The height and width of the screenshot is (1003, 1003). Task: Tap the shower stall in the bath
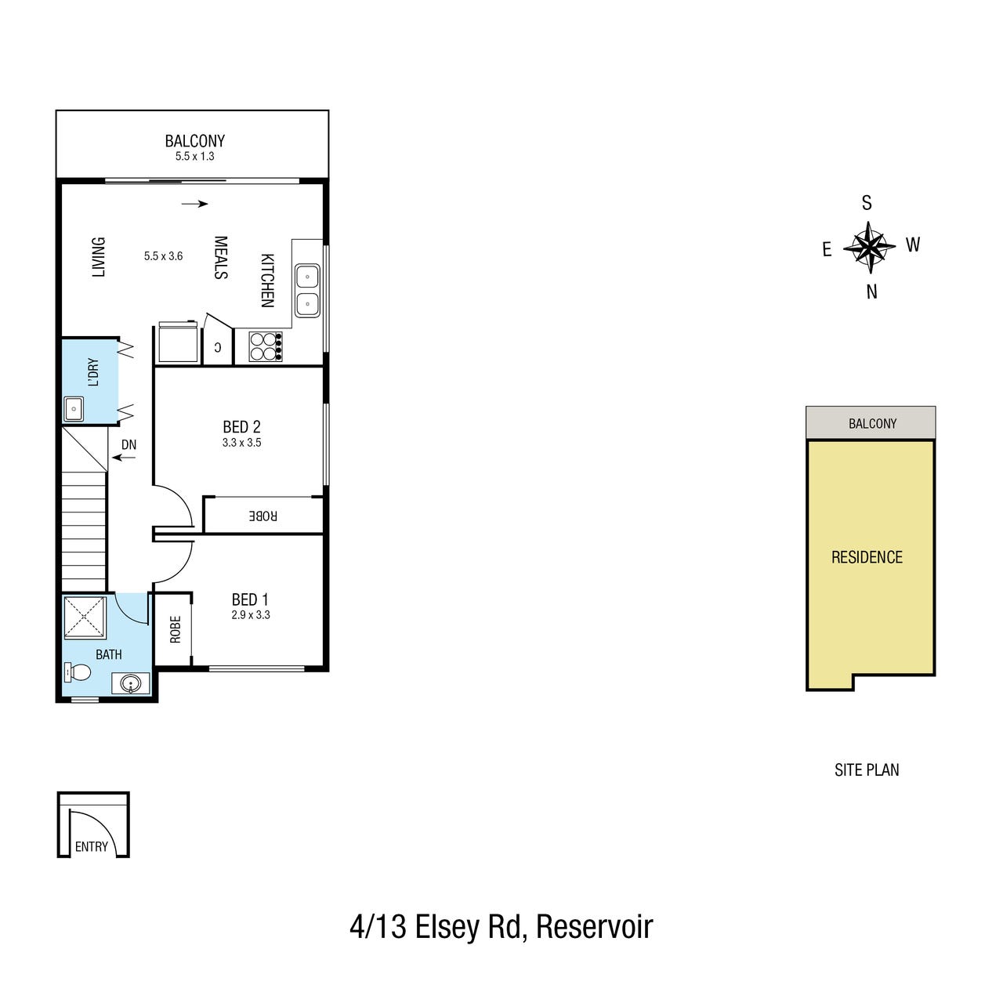[85, 617]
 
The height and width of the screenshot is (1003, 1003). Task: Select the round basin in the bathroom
[131, 683]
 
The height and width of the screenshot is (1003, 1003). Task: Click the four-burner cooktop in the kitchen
[266, 346]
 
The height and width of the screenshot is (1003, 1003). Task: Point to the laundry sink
[74, 409]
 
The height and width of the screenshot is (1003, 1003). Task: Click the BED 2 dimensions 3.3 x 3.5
[241, 443]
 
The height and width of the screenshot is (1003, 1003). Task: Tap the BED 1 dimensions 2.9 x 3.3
[251, 614]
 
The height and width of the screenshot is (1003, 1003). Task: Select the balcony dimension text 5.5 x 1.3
[194, 156]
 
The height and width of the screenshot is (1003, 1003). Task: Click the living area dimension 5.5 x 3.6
[164, 256]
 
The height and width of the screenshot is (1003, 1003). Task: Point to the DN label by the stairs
[129, 444]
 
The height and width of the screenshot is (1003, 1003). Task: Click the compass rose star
[869, 248]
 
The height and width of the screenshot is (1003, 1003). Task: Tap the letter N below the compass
[872, 292]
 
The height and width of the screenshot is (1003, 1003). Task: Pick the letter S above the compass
[867, 202]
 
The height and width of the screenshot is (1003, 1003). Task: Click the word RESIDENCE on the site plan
[867, 557]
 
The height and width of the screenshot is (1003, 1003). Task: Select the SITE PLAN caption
[867, 769]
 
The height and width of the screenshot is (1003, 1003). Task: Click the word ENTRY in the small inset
[92, 847]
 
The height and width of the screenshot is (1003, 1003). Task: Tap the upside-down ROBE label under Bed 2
[263, 516]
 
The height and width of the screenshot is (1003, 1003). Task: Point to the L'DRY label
[94, 372]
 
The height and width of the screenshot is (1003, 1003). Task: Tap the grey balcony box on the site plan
[871, 422]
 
